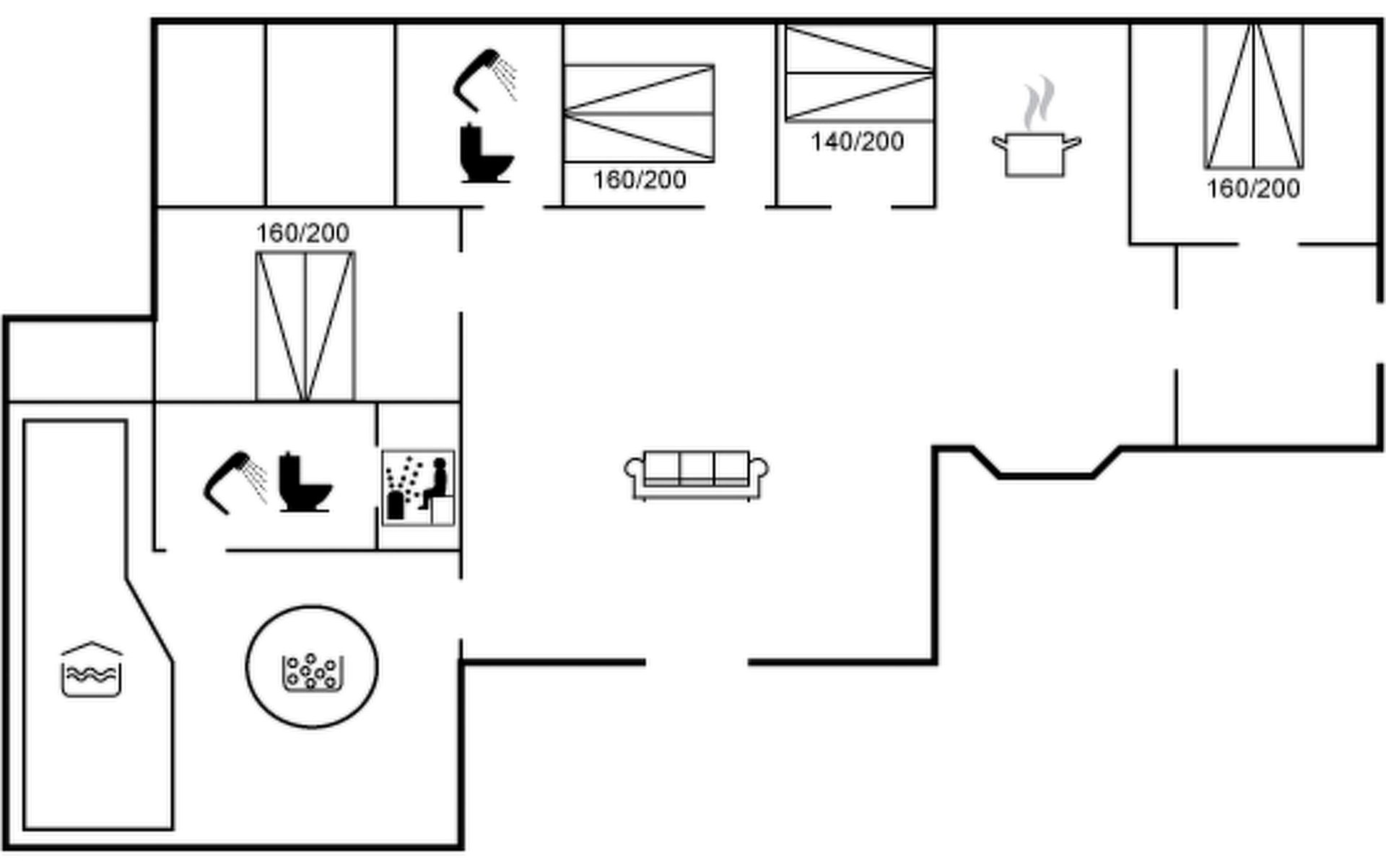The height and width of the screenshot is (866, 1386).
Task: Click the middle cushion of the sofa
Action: pyautogui.click(x=697, y=468)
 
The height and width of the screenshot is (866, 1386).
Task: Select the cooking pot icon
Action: pyautogui.click(x=1035, y=154)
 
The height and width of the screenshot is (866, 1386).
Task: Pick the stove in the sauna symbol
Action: pyautogui.click(x=396, y=504)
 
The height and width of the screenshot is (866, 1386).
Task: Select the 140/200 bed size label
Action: pyautogui.click(x=857, y=141)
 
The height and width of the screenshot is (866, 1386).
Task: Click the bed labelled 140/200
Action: pyautogui.click(x=859, y=74)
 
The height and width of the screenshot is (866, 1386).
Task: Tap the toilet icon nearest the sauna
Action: pyautogui.click(x=304, y=483)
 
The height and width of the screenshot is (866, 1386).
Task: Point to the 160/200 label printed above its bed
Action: pyautogui.click(x=302, y=232)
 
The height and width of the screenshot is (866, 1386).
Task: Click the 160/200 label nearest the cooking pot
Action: pyautogui.click(x=1253, y=188)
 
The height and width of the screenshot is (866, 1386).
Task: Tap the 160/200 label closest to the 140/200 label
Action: pyautogui.click(x=639, y=180)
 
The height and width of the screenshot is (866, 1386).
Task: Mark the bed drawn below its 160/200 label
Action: pyautogui.click(x=305, y=325)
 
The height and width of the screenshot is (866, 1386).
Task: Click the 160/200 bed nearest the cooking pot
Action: pyautogui.click(x=1254, y=96)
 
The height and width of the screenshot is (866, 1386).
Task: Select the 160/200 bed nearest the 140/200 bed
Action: pyautogui.click(x=639, y=113)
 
